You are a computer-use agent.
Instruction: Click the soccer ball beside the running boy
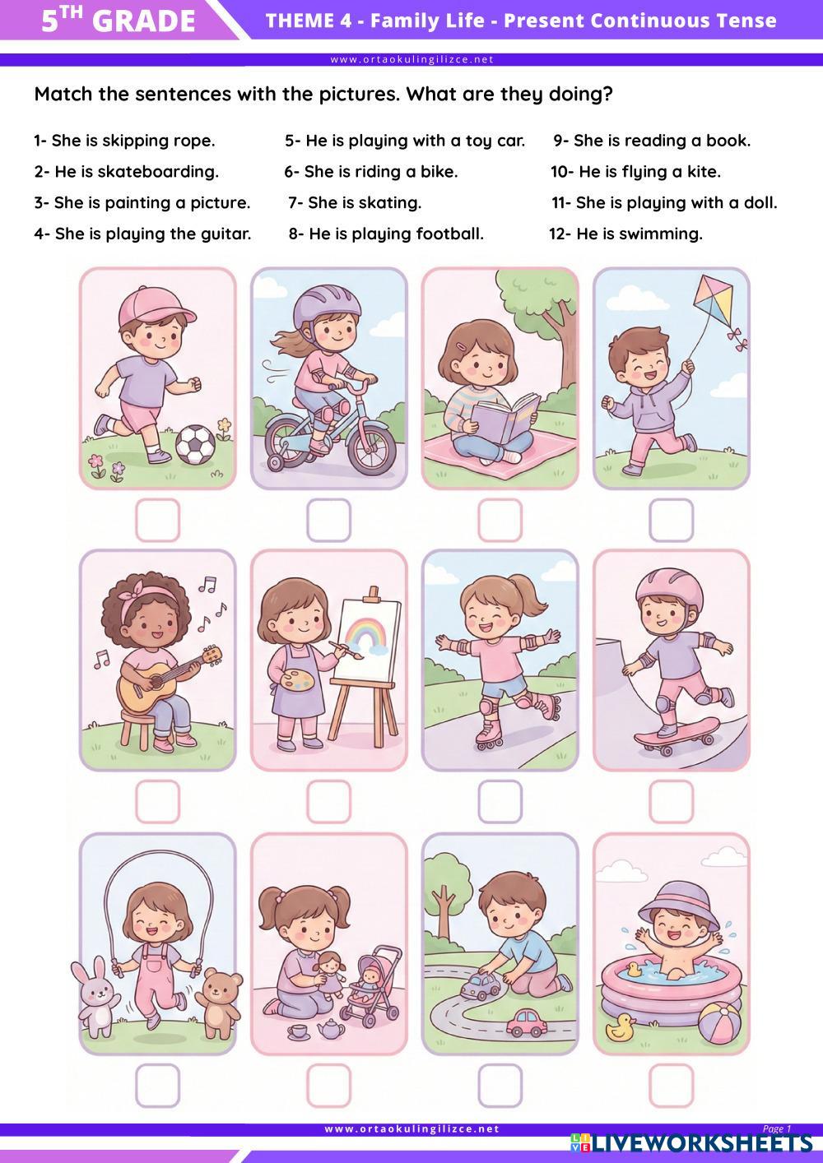[x=195, y=444]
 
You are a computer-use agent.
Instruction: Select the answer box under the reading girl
[x=500, y=521]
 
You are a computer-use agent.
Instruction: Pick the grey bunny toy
[x=95, y=1000]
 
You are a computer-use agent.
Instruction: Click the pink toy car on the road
[x=527, y=1022]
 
